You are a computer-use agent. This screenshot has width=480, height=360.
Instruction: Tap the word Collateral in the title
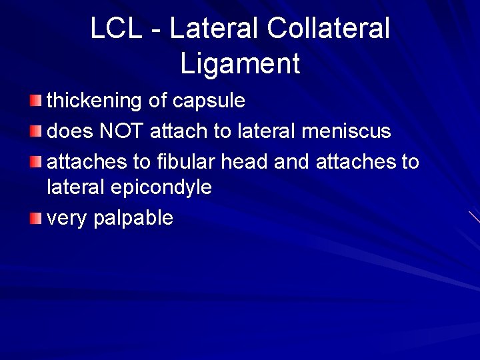[328, 29]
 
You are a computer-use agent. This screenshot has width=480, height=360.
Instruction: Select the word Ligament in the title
[240, 64]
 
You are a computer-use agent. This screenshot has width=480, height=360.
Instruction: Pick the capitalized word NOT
[121, 131]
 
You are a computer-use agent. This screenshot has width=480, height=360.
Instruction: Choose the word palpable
[133, 219]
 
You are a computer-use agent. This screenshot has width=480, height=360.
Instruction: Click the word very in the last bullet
[67, 219]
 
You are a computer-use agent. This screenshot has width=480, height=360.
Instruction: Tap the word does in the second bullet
[69, 131]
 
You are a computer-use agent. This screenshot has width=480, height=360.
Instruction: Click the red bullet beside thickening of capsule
[36, 101]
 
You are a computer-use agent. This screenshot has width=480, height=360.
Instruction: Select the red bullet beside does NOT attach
[36, 131]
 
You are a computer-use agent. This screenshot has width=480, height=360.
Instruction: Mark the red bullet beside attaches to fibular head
[36, 161]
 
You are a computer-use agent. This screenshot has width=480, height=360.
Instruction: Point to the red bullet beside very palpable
[36, 217]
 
